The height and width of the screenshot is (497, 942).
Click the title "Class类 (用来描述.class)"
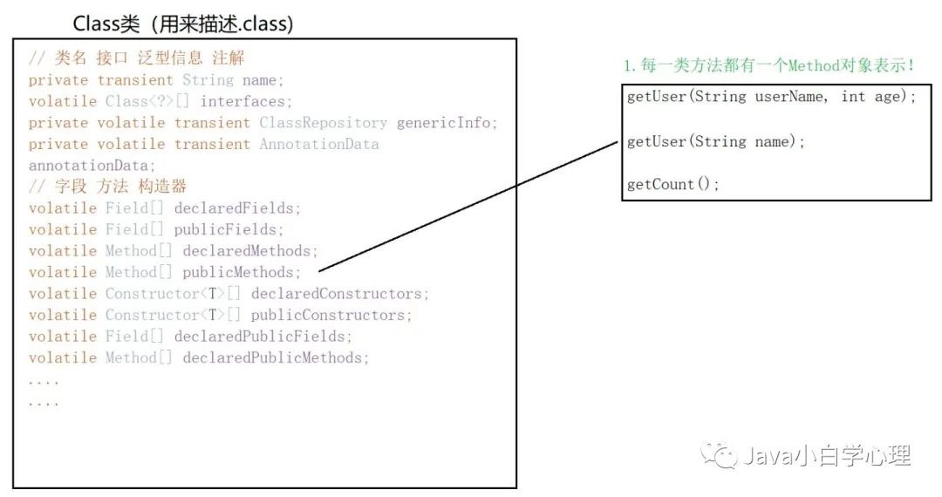182,24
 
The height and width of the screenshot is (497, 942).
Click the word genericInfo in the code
446,123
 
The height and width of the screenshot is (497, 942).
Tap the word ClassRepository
323,123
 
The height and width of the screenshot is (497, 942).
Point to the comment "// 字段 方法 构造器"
107,187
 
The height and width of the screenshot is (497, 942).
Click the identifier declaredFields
236,208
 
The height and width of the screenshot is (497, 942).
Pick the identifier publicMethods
240,272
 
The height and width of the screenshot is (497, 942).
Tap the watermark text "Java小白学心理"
825,455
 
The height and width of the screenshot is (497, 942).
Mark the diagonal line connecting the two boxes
471,206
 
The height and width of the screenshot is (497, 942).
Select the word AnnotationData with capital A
318,144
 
